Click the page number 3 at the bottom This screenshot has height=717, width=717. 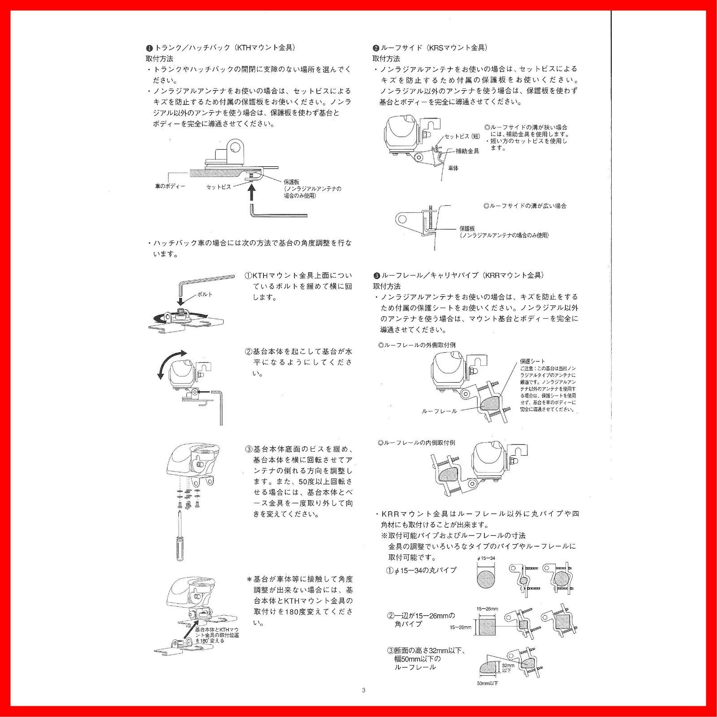click(363, 690)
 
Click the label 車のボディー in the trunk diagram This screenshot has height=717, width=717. click(170, 186)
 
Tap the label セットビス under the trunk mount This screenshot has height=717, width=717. click(219, 187)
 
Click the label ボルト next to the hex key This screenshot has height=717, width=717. click(205, 294)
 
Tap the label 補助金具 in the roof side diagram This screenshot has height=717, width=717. click(467, 151)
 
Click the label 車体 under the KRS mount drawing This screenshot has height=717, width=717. click(453, 168)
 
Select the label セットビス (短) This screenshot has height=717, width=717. click(462, 136)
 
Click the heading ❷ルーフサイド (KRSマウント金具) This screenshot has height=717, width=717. click(430, 48)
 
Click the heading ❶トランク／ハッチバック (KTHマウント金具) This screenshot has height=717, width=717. click(220, 48)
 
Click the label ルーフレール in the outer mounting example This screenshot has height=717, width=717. click(439, 411)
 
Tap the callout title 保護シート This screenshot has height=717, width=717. click(532, 361)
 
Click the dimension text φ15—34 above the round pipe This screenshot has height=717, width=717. click(486, 558)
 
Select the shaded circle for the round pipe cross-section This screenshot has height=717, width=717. click(487, 579)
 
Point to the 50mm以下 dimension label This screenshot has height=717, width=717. click(488, 683)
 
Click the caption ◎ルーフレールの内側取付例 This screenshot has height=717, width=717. click(416, 442)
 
